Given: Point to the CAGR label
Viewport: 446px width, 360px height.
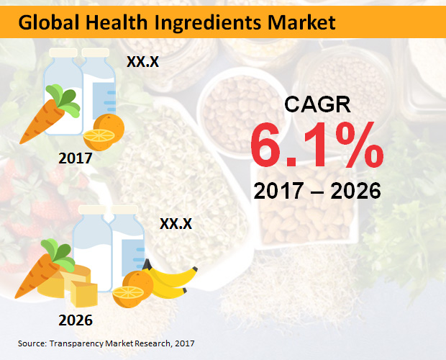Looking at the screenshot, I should pyautogui.click(x=317, y=104).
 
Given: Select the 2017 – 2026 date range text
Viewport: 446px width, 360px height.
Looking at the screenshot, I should pyautogui.click(x=317, y=192).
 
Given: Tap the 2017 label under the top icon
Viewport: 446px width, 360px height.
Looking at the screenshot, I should pyautogui.click(x=77, y=156).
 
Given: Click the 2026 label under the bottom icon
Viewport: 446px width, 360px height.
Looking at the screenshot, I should pyautogui.click(x=76, y=318).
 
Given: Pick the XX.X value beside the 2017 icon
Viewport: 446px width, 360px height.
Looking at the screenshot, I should pyautogui.click(x=142, y=62).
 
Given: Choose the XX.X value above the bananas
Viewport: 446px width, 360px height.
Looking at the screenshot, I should pyautogui.click(x=176, y=224).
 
